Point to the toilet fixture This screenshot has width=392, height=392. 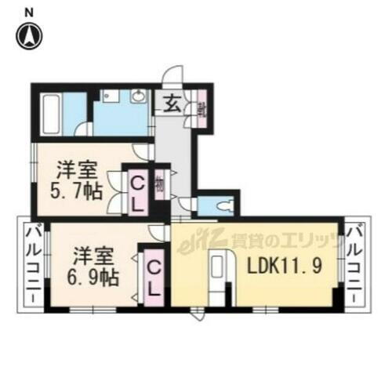(223, 206)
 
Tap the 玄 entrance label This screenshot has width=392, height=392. (172, 103)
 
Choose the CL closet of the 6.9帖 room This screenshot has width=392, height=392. (155, 278)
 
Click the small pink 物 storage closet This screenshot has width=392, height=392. (160, 186)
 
